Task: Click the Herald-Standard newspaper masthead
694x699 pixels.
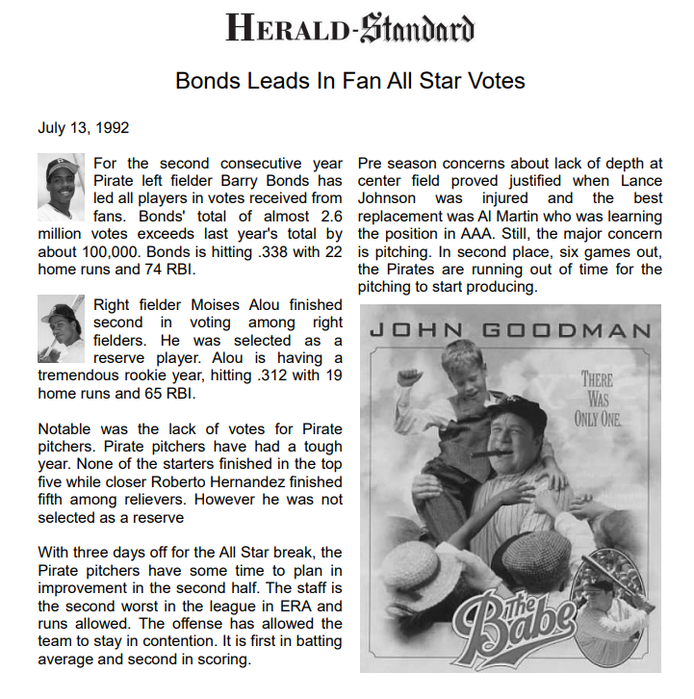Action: pos(349,28)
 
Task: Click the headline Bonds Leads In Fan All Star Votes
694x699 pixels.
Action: pos(349,80)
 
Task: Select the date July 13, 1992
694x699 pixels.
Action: pos(84,127)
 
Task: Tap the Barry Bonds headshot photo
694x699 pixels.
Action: pos(64,187)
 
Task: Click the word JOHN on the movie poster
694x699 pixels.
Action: pos(410,331)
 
